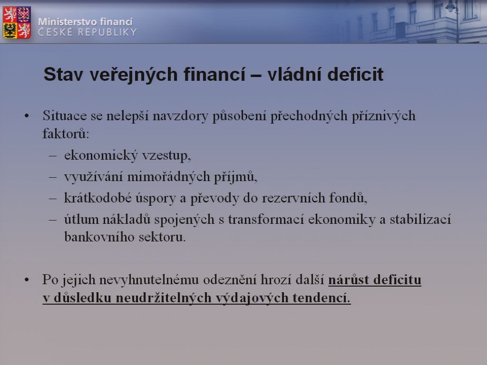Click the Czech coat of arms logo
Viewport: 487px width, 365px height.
17,22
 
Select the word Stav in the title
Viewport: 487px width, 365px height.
63,75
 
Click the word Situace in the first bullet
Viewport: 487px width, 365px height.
65,116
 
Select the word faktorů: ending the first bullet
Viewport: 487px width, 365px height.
66,134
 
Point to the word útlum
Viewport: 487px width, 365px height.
81,220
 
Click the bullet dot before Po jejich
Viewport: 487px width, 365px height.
27,280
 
